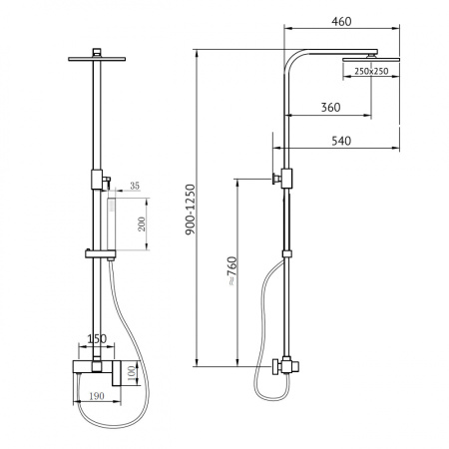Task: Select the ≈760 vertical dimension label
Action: (x=231, y=270)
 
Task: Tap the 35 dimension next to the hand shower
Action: (x=133, y=185)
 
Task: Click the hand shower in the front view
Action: (x=113, y=224)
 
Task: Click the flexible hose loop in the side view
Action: (x=262, y=329)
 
